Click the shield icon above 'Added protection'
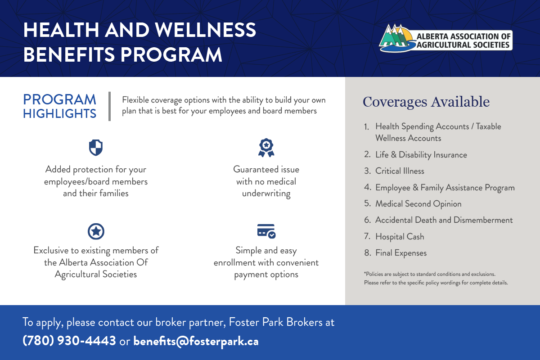click(96, 147)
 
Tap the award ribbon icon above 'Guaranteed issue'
click(266, 148)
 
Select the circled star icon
click(96, 231)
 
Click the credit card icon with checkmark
click(266, 231)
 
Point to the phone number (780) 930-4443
click(69, 341)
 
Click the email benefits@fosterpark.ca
click(196, 341)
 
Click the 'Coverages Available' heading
click(426, 102)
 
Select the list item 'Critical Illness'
click(400, 171)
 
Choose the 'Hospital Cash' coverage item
click(400, 237)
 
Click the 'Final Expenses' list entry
click(401, 253)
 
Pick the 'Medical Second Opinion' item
click(418, 204)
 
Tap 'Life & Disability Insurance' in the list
click(421, 154)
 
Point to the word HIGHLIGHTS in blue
click(59, 113)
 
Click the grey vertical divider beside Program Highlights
click(110, 106)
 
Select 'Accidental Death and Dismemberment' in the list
click(444, 220)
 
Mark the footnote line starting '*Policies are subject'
click(430, 274)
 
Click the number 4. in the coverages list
click(367, 187)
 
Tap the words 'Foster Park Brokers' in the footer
click(275, 322)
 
